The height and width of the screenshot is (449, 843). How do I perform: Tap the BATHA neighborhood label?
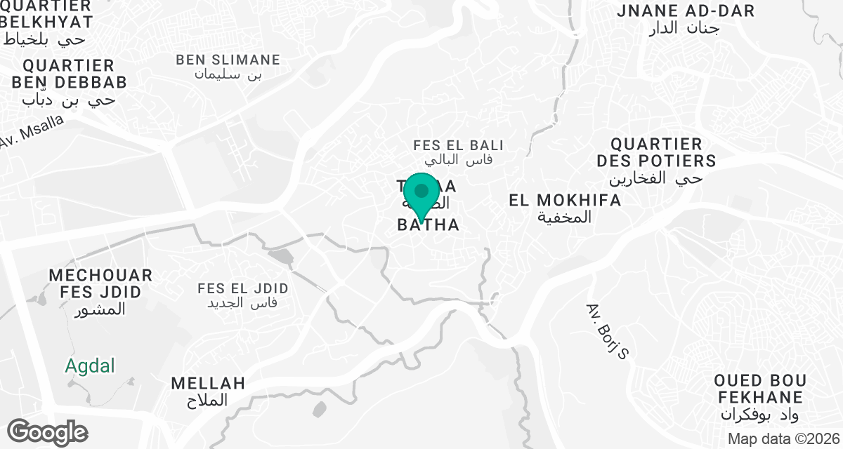click(429, 225)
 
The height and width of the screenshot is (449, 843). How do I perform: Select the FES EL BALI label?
click(459, 146)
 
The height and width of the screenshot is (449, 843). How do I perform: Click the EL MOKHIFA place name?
click(565, 201)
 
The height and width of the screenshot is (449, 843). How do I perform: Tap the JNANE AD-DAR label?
click(685, 11)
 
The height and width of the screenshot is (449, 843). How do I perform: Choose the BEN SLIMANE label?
click(228, 60)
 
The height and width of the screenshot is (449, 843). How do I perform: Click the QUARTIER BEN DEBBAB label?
click(69, 74)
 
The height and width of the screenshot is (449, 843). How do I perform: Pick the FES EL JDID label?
click(243, 289)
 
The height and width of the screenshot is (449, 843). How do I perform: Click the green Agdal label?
click(90, 366)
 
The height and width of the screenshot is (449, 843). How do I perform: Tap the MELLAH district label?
click(208, 384)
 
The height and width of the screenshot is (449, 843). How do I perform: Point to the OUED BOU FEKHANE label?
click(759, 389)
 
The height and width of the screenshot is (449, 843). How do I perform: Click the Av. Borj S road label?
click(606, 331)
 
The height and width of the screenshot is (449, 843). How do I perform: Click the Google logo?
click(47, 431)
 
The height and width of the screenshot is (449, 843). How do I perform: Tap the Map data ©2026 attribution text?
click(783, 439)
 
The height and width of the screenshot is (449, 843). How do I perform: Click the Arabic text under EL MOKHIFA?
click(565, 217)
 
